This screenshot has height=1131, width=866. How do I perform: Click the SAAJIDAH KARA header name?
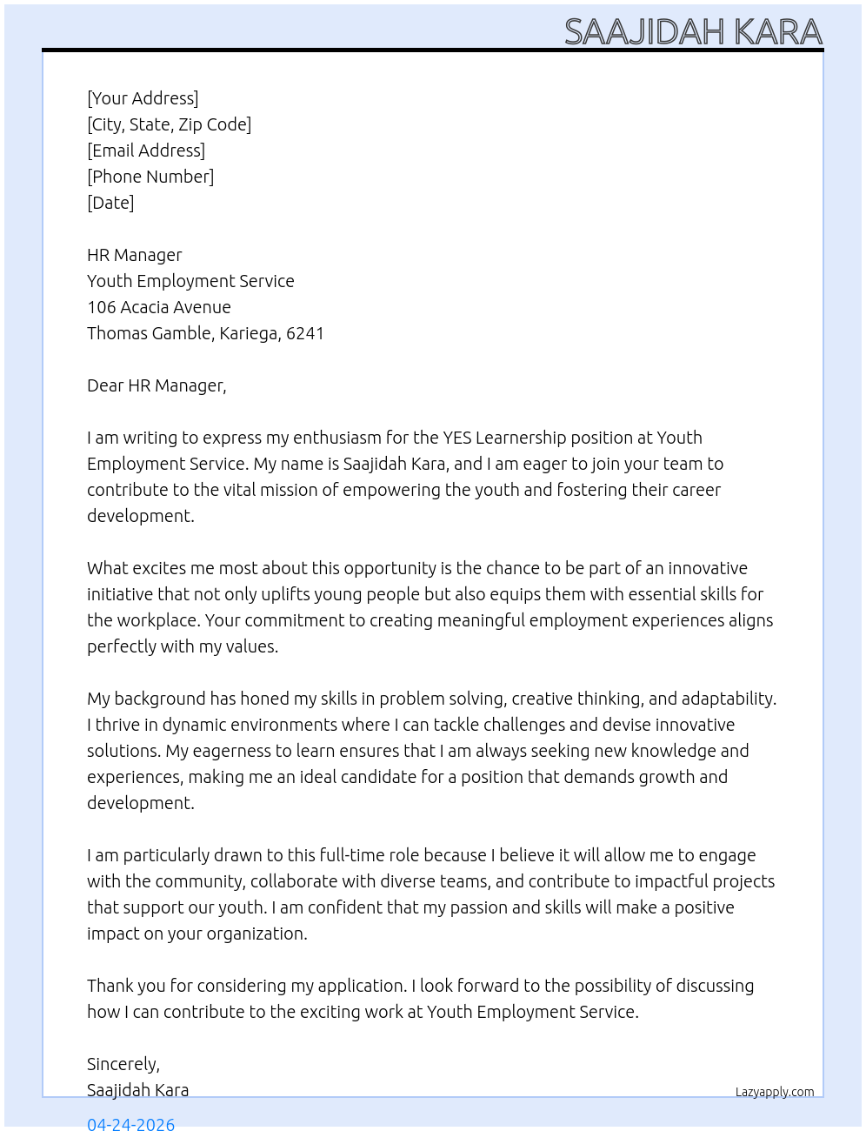point(693,31)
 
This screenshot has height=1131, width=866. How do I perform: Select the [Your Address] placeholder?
point(143,98)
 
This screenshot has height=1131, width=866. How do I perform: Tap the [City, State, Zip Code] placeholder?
point(169,124)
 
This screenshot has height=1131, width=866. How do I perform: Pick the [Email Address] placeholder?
point(146,151)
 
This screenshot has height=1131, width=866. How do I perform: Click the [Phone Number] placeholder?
point(150,177)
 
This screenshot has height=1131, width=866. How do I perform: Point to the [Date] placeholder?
point(110,203)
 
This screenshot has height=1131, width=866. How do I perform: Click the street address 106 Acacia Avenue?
point(159,307)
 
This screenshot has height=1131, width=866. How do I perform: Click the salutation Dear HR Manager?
point(157,385)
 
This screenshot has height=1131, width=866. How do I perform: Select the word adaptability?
point(729,699)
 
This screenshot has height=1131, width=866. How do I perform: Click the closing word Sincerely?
point(123,1064)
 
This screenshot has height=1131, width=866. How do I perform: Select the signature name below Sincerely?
point(137,1090)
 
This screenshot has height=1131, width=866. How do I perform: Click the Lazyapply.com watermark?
point(775,1092)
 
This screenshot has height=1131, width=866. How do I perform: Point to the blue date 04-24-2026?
point(130,1123)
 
